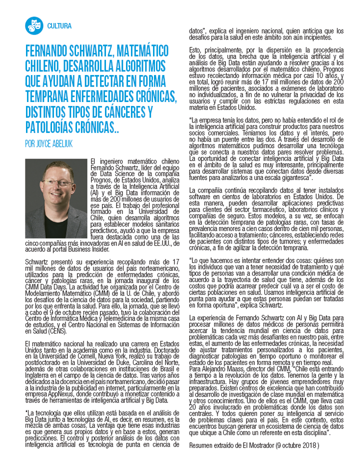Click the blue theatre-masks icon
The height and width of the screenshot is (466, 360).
tap(33, 25)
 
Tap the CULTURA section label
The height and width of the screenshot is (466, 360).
tap(59, 26)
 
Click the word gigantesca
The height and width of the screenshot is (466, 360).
tap(292, 177)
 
